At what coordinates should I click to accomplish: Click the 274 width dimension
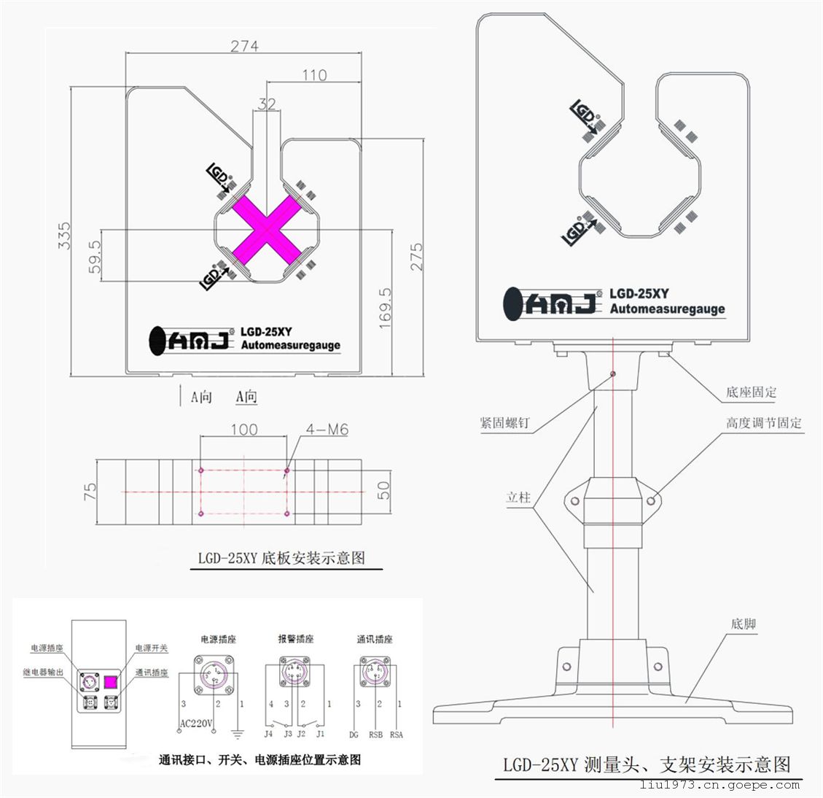tap(245, 46)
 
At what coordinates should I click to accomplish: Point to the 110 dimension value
tap(313, 74)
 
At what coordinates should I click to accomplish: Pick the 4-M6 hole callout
tap(327, 430)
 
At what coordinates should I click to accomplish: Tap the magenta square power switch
tap(110, 683)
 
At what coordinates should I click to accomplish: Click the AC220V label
tap(195, 724)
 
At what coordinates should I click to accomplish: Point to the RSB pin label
tap(375, 735)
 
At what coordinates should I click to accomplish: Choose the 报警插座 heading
tap(295, 639)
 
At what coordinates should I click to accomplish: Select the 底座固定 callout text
tap(751, 392)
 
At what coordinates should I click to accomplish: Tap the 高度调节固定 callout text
tap(763, 423)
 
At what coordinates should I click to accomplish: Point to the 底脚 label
tap(743, 624)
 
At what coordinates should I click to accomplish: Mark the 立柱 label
tap(518, 497)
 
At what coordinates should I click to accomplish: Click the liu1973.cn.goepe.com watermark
tap(719, 785)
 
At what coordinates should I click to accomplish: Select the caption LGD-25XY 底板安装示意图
tap(281, 559)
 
